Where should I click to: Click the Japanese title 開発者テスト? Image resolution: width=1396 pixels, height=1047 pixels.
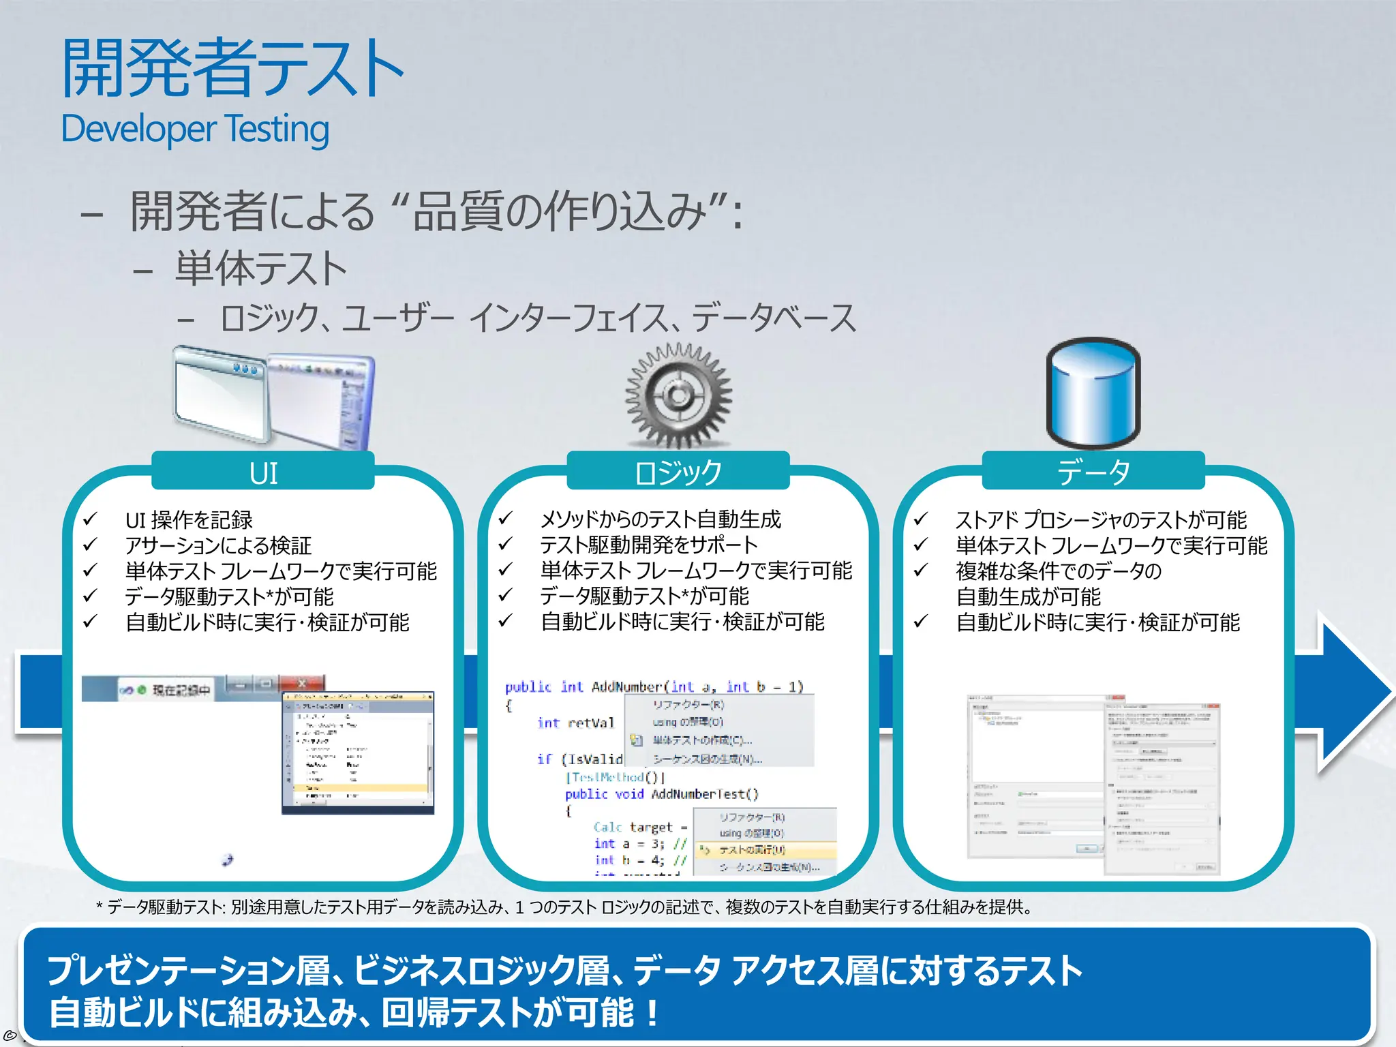[x=232, y=68]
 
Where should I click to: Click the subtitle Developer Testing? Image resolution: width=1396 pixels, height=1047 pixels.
[x=195, y=130]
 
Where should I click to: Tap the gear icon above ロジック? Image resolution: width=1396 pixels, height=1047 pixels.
[x=678, y=395]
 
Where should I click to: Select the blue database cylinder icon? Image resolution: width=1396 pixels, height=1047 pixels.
[x=1093, y=393]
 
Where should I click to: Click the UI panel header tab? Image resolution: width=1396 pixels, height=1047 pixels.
[x=263, y=472]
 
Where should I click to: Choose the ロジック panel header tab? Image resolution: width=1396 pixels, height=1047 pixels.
[x=678, y=472]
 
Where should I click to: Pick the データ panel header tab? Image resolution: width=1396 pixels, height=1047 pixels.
[x=1093, y=472]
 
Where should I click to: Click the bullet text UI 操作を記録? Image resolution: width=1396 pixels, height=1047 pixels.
[x=189, y=520]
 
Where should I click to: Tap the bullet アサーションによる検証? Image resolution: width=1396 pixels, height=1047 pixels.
[x=218, y=545]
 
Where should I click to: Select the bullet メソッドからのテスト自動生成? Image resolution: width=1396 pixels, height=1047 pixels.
[x=661, y=519]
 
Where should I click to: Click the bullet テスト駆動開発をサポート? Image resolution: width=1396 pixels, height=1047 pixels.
[x=648, y=545]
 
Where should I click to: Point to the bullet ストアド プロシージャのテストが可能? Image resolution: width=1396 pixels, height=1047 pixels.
[x=1101, y=520]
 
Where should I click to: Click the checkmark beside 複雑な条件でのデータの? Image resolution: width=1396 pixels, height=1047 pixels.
[x=921, y=570]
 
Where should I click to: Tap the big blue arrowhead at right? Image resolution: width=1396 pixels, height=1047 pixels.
[x=1353, y=692]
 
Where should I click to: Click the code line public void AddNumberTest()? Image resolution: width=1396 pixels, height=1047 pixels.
[x=661, y=794]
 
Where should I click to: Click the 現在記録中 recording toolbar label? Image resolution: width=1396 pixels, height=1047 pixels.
[x=181, y=690]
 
